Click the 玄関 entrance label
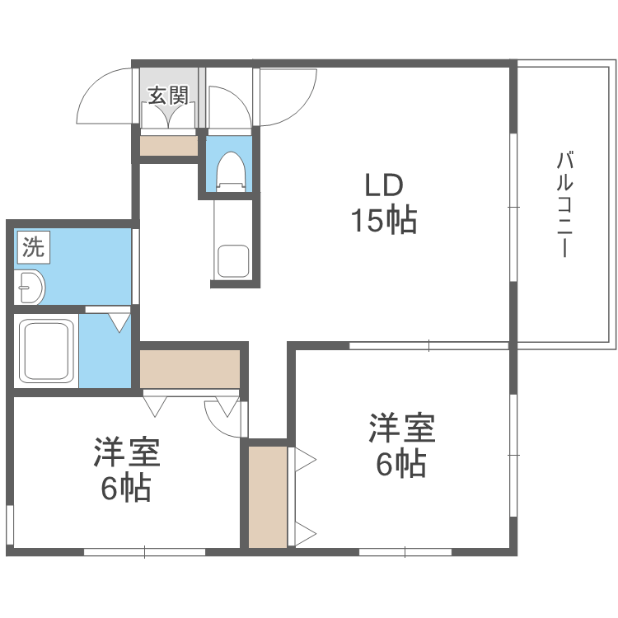169,95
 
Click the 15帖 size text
384,221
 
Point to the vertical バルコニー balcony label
564,204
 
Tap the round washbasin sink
32,286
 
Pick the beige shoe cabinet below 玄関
169,146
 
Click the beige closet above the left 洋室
190,368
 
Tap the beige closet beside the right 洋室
268,497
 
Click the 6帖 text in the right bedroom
401,464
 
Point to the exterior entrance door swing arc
103,97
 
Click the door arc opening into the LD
288,97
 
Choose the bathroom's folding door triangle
120,321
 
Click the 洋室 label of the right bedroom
401,428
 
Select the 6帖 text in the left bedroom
126,489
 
